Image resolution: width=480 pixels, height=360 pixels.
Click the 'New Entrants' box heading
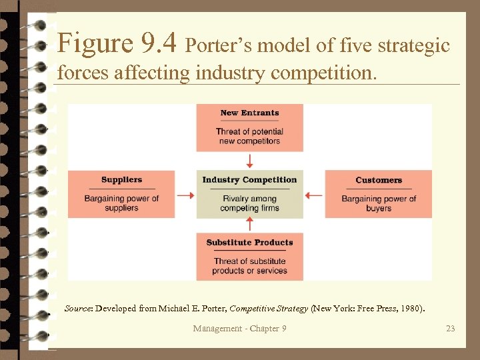[x=249, y=113]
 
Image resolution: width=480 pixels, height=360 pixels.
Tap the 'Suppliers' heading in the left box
[x=121, y=180]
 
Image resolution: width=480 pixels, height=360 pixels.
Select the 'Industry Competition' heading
[x=249, y=180]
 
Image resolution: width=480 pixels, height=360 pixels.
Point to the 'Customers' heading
[x=379, y=180]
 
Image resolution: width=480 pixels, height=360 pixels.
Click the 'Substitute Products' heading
[x=249, y=243]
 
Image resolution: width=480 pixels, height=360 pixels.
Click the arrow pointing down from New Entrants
[x=249, y=161]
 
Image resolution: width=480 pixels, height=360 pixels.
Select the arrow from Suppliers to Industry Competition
[x=185, y=196]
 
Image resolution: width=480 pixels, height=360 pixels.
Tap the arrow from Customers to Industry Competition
[x=313, y=196]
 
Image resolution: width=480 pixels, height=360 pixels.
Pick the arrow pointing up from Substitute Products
[x=249, y=224]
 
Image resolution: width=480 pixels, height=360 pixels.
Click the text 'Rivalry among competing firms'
[x=249, y=203]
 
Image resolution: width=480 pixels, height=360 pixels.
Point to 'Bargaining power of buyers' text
[x=379, y=203]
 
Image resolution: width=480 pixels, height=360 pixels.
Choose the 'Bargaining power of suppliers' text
[x=121, y=203]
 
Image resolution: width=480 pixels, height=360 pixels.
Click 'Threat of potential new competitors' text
[x=249, y=136]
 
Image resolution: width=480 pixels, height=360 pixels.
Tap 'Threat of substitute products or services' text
[x=249, y=266]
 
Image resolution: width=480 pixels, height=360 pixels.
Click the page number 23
[x=451, y=328]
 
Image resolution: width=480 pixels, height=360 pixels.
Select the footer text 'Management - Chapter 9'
[x=239, y=328]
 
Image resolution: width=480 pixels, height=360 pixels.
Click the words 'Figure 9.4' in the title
[x=117, y=44]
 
